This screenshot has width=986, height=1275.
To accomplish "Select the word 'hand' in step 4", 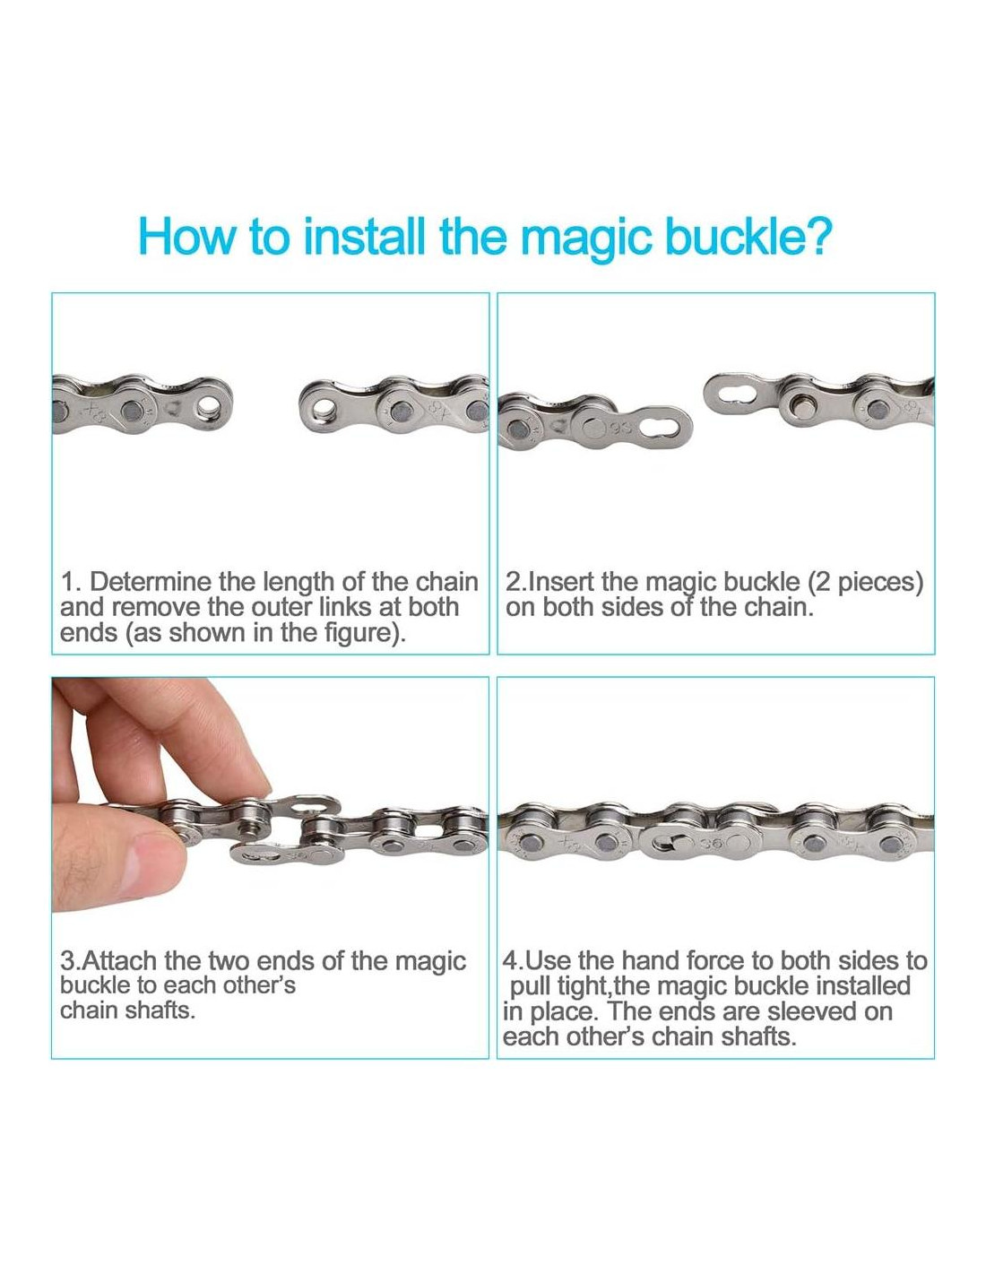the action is pyautogui.click(x=651, y=960).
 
